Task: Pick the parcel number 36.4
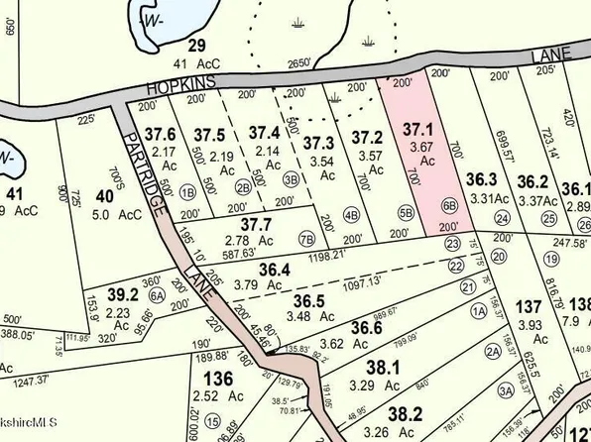point(275,271)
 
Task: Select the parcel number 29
point(196,45)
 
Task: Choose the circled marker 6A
point(156,293)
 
